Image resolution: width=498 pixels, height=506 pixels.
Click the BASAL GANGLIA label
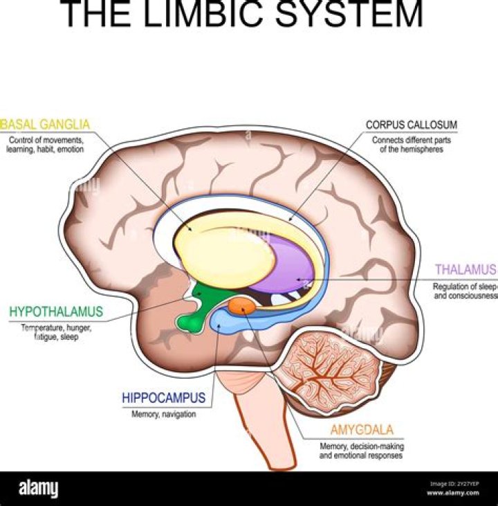pos(46,125)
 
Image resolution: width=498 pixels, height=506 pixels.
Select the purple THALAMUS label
pos(465,269)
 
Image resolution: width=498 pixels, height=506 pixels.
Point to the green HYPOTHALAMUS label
pos(55,311)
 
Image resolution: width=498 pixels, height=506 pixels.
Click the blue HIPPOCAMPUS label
pos(163,398)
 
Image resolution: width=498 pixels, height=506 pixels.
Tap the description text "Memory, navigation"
pos(163,415)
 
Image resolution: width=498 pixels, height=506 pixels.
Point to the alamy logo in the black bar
pos(39,489)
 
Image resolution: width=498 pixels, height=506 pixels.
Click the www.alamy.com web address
pos(453,494)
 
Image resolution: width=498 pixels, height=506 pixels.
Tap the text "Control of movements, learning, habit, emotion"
pos(46,144)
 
